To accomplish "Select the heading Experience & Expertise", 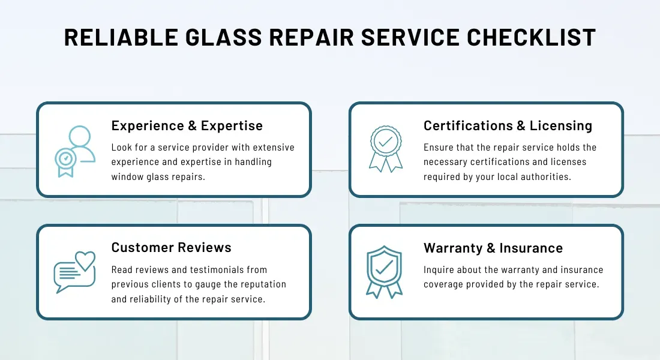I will pos(187,125).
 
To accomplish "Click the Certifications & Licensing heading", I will pos(508,125).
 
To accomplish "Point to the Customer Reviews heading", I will pos(171,247).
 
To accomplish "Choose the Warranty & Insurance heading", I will pos(493,248).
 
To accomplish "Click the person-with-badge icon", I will pos(75,152).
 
